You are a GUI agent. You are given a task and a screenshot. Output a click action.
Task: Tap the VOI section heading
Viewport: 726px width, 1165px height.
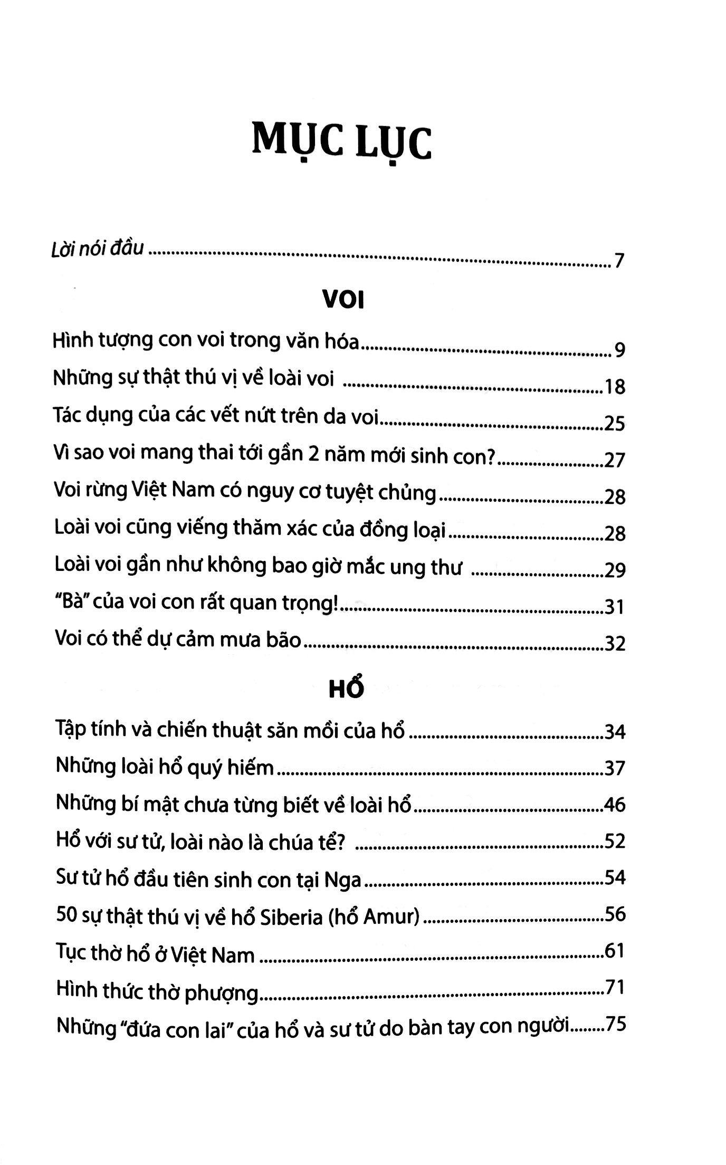(x=343, y=301)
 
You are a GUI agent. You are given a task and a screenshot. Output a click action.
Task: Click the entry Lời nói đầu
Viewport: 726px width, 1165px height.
(x=98, y=248)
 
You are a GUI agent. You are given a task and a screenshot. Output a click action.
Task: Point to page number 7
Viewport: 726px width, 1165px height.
(x=619, y=261)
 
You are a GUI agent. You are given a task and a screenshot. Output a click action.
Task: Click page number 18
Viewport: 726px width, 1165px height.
(x=615, y=387)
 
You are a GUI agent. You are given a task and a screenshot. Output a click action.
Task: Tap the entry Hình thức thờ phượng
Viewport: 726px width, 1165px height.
(x=157, y=991)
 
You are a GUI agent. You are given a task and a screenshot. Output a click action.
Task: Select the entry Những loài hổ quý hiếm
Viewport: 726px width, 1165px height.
(x=165, y=768)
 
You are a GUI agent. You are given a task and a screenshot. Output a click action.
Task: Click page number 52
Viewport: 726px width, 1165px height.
(x=615, y=841)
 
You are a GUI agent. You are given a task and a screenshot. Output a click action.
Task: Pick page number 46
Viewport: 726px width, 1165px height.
(x=615, y=805)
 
